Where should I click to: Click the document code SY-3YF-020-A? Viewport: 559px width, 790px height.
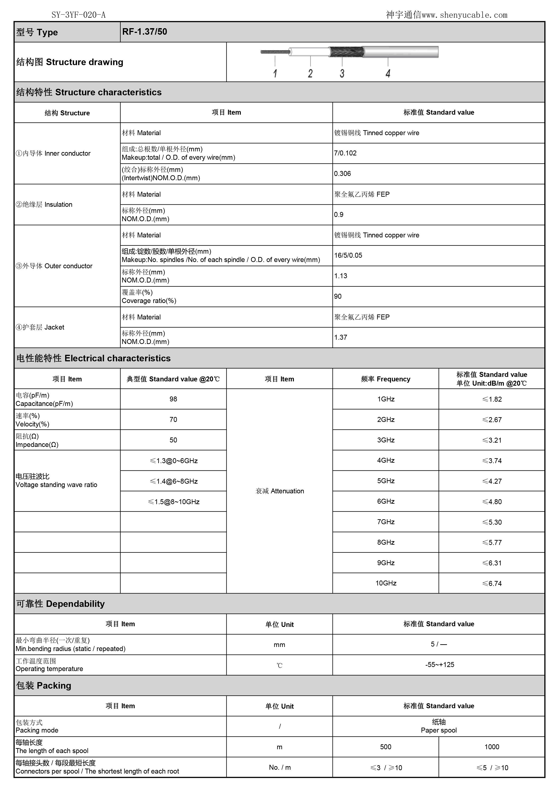(78, 15)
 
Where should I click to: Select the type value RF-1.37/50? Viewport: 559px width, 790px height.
(144, 32)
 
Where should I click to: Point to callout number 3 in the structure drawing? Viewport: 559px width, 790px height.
(342, 73)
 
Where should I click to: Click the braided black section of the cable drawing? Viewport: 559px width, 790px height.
(346, 52)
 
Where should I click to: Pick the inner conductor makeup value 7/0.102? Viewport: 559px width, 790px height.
(345, 153)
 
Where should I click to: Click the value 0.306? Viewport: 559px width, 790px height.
(342, 174)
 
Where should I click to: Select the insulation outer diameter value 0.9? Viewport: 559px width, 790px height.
(339, 215)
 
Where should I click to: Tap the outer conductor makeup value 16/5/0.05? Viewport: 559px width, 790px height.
(348, 255)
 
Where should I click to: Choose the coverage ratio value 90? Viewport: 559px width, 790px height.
(338, 296)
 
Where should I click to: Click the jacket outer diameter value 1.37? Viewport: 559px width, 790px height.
(340, 337)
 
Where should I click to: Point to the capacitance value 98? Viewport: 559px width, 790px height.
(173, 399)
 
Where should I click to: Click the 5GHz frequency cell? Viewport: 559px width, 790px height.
(385, 481)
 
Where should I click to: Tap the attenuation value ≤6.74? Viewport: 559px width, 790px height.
(492, 583)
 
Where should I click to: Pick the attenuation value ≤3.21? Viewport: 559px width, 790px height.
(492, 440)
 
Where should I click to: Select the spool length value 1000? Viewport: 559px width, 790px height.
(492, 747)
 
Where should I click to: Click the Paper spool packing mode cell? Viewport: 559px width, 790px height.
(439, 726)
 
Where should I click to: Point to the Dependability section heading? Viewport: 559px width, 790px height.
(61, 603)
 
